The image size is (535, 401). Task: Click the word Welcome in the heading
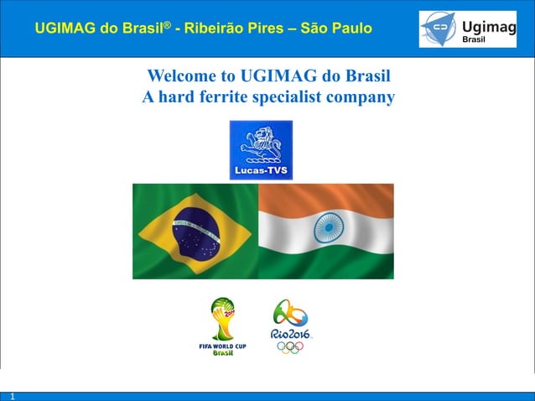[x=179, y=78]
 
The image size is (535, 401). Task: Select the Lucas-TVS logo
[x=261, y=150]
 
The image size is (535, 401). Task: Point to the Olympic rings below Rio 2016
[x=290, y=346]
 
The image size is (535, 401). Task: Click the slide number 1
[x=13, y=396]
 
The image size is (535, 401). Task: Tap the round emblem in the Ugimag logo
[x=439, y=29]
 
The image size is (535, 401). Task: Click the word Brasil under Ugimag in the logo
[x=476, y=39]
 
